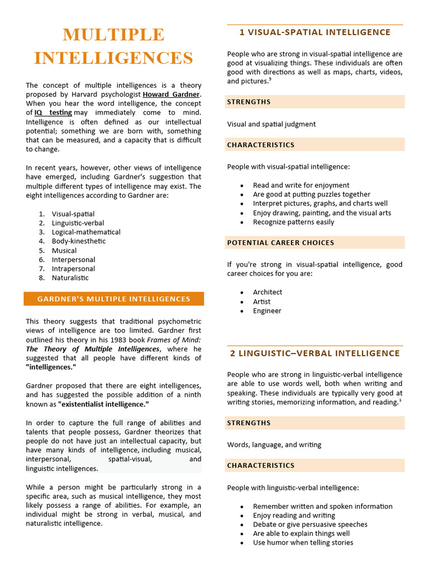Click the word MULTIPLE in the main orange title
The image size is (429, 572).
(x=113, y=35)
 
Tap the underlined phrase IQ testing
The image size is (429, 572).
(x=53, y=112)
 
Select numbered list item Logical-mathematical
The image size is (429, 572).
(x=86, y=232)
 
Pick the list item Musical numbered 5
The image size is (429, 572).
(x=64, y=250)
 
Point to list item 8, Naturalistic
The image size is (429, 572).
(x=70, y=278)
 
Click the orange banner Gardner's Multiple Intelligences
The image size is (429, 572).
(x=113, y=299)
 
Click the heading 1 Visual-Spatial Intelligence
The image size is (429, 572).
(x=314, y=32)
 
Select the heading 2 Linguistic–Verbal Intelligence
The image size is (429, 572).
(x=314, y=353)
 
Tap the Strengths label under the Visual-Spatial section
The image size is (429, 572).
(x=249, y=102)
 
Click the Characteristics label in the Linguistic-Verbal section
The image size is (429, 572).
(x=260, y=465)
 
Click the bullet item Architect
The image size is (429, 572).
(x=268, y=292)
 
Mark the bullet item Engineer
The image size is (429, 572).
(x=267, y=311)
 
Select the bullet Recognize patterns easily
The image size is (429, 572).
(x=293, y=222)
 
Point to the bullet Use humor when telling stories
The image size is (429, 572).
(x=303, y=542)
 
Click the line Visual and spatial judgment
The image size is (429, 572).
(x=271, y=124)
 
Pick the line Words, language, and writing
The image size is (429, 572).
(x=274, y=445)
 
